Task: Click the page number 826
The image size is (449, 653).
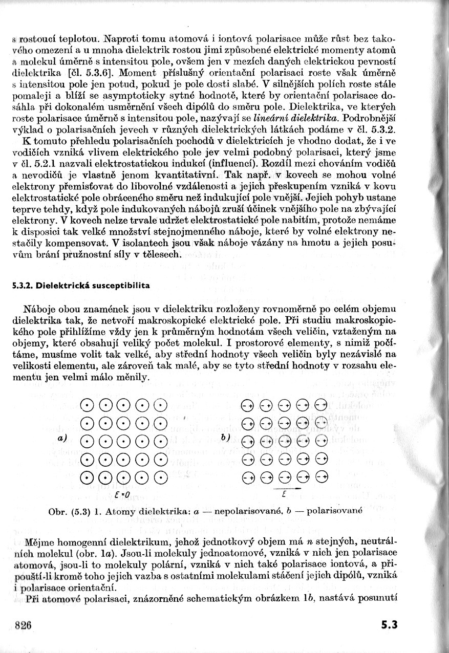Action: pyautogui.click(x=24, y=625)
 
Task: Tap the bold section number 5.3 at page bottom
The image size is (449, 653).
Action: pyautogui.click(x=389, y=625)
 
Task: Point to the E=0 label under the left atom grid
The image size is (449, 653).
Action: pyautogui.click(x=123, y=495)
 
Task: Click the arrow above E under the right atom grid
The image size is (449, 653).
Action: pyautogui.click(x=284, y=488)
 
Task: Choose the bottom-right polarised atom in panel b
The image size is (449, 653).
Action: pyautogui.click(x=321, y=477)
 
